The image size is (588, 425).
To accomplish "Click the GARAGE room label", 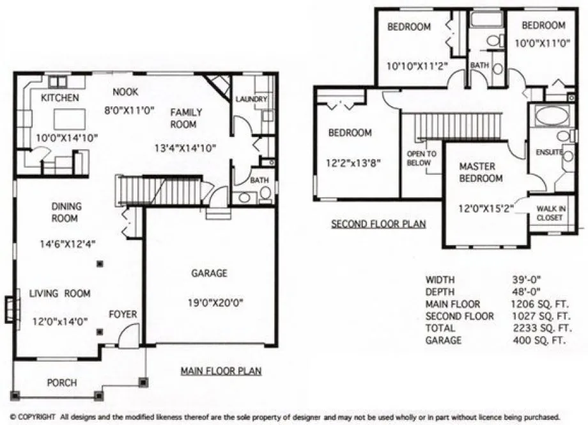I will (x=209, y=273).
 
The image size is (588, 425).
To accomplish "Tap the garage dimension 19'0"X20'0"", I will (x=209, y=303).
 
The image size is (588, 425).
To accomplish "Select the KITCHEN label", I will (x=60, y=98).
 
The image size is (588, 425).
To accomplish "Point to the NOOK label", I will (x=126, y=92).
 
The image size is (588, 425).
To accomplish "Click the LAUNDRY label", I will (x=251, y=99).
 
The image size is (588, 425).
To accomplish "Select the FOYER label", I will (x=123, y=314).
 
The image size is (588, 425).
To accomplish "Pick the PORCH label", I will (x=62, y=383).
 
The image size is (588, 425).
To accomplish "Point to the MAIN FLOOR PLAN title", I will (x=220, y=371).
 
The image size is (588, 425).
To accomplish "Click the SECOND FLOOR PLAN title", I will (x=378, y=224).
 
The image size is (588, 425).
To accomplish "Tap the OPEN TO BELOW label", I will (x=422, y=158).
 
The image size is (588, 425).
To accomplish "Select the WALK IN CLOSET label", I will (x=550, y=213).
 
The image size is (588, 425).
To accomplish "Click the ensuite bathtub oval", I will (x=551, y=115).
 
